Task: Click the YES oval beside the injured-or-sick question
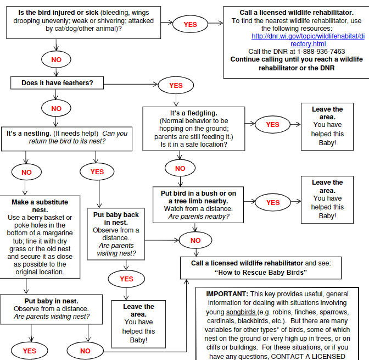point(190,24)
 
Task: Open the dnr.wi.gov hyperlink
point(307,40)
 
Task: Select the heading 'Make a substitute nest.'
point(40,206)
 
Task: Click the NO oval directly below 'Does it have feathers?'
point(57,108)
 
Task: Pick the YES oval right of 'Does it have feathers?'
point(176,85)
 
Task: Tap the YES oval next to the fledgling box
point(272,124)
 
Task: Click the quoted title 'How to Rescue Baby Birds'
point(260,273)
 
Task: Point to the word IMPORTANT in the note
point(227,294)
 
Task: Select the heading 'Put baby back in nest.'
point(116,218)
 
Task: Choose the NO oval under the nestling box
point(26,171)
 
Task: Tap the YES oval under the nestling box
point(97,171)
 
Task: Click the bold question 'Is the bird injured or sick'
point(51,12)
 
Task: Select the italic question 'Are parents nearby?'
point(198,217)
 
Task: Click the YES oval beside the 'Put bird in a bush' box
point(272,202)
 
